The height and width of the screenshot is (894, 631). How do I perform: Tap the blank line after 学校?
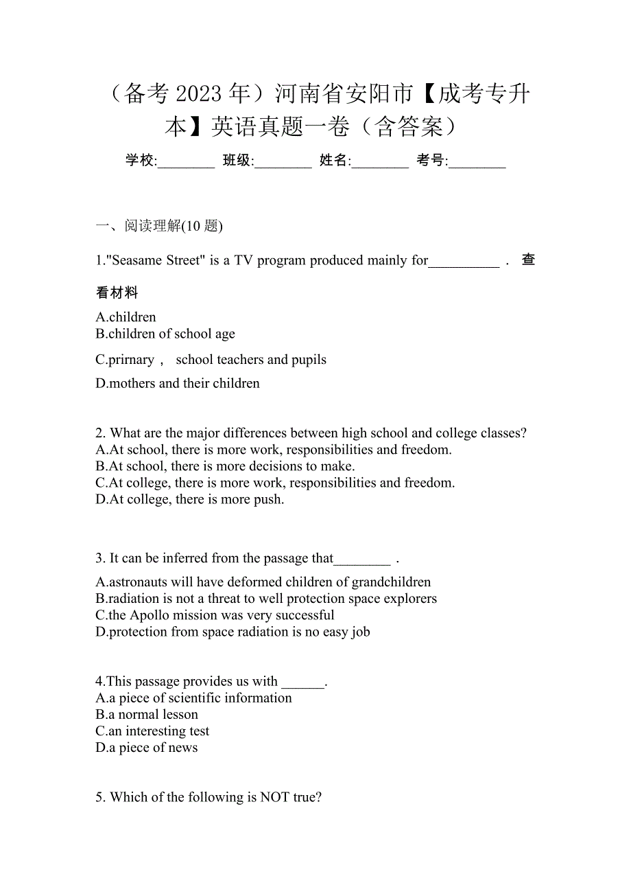tap(187, 162)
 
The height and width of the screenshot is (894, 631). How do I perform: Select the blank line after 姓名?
tap(381, 162)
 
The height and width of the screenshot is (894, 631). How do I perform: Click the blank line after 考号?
tap(477, 162)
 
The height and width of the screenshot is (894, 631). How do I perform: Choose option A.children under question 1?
tap(126, 317)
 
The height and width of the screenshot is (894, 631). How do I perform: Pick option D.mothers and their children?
tap(178, 383)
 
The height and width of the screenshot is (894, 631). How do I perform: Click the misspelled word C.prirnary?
tap(125, 360)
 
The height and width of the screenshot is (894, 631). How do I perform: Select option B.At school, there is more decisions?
tap(225, 466)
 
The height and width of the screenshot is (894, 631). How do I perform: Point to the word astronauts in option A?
tap(141, 582)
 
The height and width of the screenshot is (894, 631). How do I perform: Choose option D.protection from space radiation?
tap(233, 632)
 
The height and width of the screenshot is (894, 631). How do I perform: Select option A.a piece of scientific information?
tap(194, 698)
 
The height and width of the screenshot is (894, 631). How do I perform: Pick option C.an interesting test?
tap(152, 731)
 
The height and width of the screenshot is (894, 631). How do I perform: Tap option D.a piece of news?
tap(147, 748)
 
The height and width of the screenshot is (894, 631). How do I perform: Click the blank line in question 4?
tap(302, 683)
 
